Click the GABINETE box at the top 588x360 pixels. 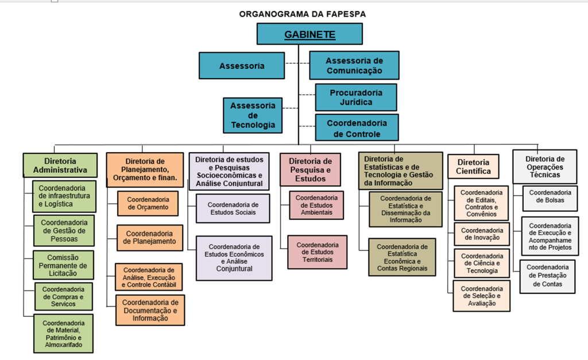click(x=310, y=34)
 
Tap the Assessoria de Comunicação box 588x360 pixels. click(x=354, y=65)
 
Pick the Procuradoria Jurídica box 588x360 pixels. click(x=355, y=97)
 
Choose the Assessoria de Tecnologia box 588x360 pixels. click(x=253, y=115)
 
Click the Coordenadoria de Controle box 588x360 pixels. click(x=356, y=128)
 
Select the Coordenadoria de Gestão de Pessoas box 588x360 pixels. click(x=64, y=231)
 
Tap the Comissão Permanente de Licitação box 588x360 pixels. click(x=63, y=265)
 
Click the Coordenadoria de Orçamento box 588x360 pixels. click(x=148, y=203)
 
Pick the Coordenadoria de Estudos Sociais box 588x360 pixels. click(x=233, y=208)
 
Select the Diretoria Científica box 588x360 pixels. click(x=474, y=167)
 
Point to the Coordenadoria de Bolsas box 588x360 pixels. click(x=550, y=196)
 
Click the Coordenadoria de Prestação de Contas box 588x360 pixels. click(x=548, y=276)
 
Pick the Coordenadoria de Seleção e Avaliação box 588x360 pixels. click(x=481, y=296)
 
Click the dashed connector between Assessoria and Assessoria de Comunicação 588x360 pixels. click(x=297, y=64)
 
